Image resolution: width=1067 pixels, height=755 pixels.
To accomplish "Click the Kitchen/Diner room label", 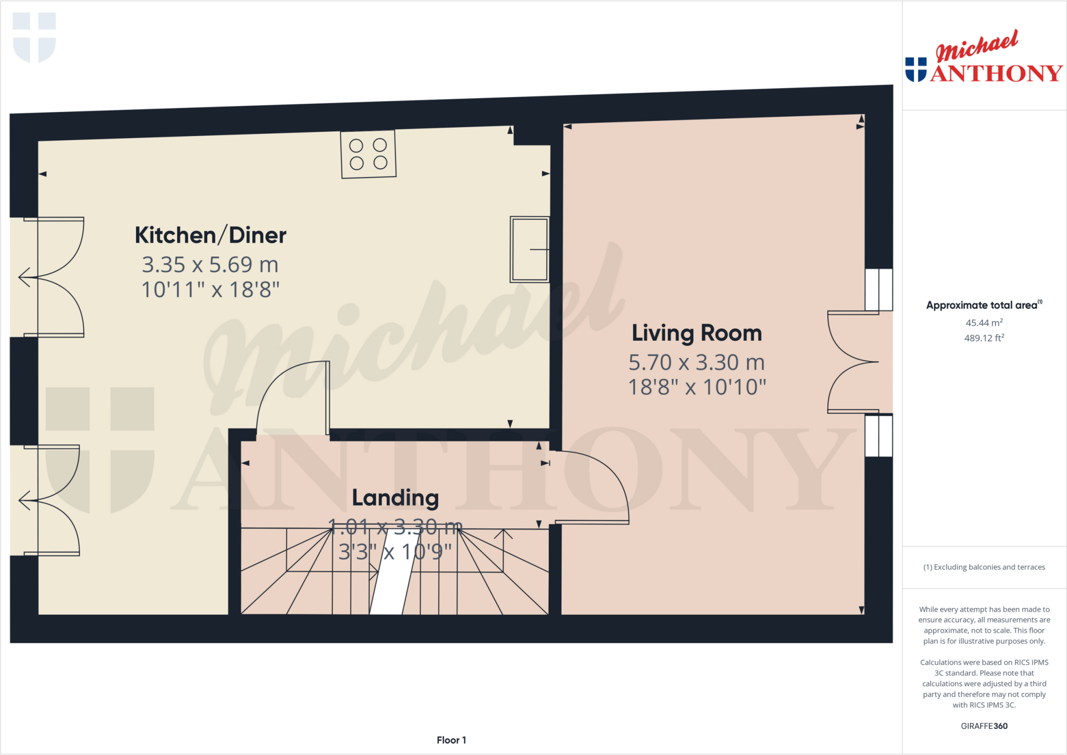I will click(210, 236).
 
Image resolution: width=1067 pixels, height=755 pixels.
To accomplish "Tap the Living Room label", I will click(697, 333).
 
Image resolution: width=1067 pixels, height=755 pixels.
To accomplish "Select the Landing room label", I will click(395, 498).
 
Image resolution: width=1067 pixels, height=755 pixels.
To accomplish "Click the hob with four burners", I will click(368, 154).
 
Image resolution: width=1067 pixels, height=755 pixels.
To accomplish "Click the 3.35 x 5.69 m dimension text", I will click(210, 265).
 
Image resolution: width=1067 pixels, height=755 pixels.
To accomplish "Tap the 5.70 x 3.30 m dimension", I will click(697, 362).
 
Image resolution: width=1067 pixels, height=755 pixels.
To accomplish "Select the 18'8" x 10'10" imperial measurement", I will click(697, 387).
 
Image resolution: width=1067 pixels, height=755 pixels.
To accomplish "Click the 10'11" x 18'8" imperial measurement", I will click(210, 290).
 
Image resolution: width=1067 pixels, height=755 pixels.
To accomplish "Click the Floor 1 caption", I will click(451, 740).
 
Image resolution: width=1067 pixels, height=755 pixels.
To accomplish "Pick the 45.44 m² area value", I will click(984, 323).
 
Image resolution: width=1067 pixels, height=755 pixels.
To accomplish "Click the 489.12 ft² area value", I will click(984, 338).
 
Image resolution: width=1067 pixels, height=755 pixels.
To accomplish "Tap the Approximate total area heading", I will click(983, 305).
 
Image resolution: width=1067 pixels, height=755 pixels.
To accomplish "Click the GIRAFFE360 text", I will click(984, 726).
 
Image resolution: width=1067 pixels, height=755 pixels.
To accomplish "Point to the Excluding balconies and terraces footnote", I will click(984, 567).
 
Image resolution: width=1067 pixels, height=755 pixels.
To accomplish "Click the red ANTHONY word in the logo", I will click(996, 73).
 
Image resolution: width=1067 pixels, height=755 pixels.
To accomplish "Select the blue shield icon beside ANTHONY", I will click(916, 70).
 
